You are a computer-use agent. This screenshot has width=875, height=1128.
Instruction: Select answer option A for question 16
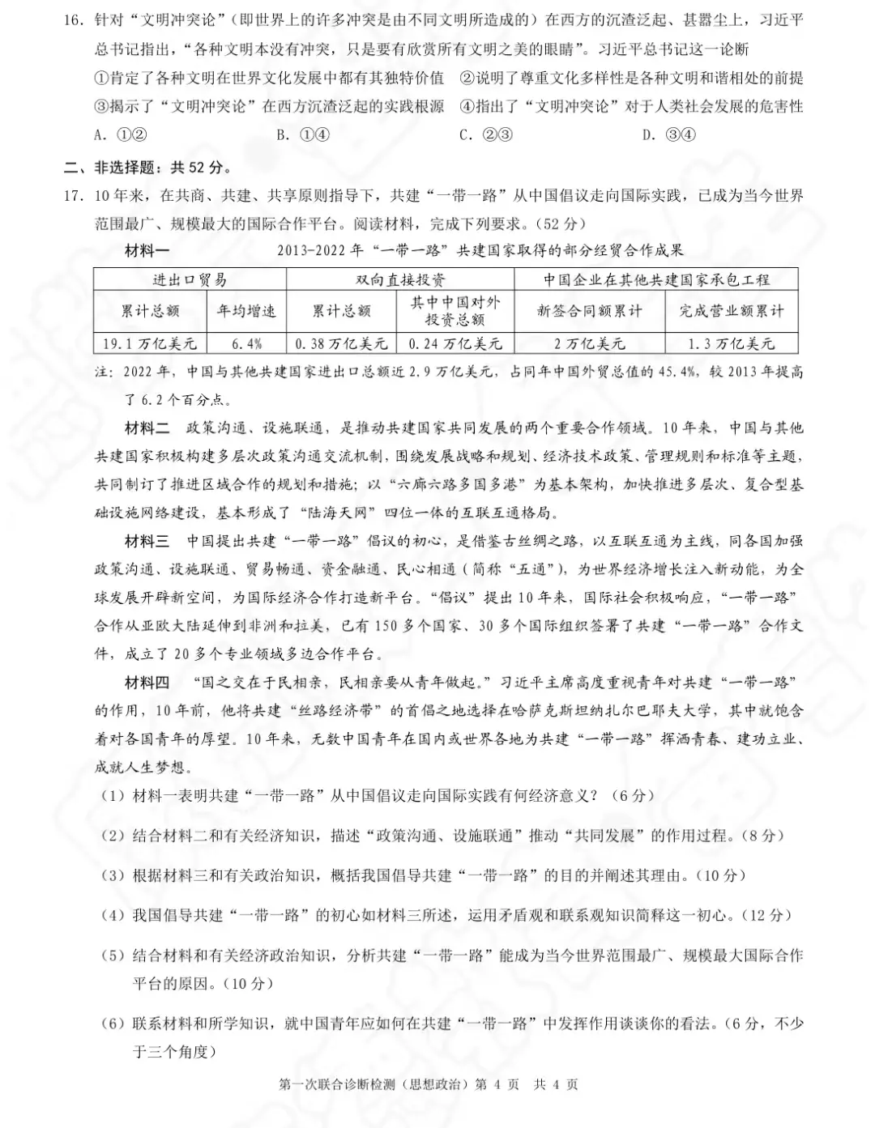(x=121, y=135)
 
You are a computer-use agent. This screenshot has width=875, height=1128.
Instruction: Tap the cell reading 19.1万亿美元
(x=150, y=343)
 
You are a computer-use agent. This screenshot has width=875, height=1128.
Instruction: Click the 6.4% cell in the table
(x=247, y=343)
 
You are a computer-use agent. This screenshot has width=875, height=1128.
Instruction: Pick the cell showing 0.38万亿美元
(x=342, y=343)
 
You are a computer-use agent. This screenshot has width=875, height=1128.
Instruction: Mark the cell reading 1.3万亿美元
(x=732, y=343)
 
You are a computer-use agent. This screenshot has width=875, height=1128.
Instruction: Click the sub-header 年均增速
(x=247, y=311)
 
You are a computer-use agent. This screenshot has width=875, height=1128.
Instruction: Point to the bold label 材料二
(x=147, y=428)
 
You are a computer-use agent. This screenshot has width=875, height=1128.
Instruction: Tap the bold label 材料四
(x=147, y=683)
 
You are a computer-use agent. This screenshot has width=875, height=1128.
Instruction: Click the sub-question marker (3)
(x=112, y=875)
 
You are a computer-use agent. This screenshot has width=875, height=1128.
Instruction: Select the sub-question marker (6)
(x=112, y=1024)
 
